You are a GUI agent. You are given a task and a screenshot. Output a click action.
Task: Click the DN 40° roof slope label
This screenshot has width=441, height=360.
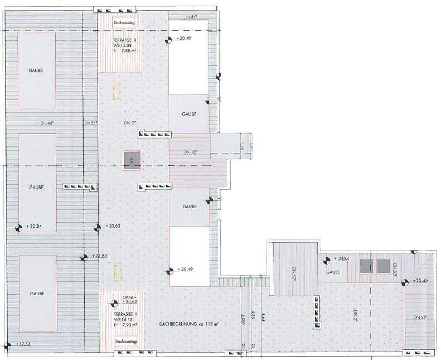click(x=190, y=152)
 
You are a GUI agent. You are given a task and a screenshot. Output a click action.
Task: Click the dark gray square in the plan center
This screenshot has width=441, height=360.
click(x=131, y=160)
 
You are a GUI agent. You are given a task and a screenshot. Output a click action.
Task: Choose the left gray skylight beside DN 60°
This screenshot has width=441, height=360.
click(x=366, y=266)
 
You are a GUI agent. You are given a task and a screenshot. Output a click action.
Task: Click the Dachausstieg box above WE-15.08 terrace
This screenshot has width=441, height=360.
click(x=121, y=23)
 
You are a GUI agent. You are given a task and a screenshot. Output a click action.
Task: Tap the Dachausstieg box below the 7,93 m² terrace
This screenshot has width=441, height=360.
click(x=121, y=341)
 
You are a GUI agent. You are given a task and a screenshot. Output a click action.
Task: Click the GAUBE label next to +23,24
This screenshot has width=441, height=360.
click(x=333, y=272)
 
